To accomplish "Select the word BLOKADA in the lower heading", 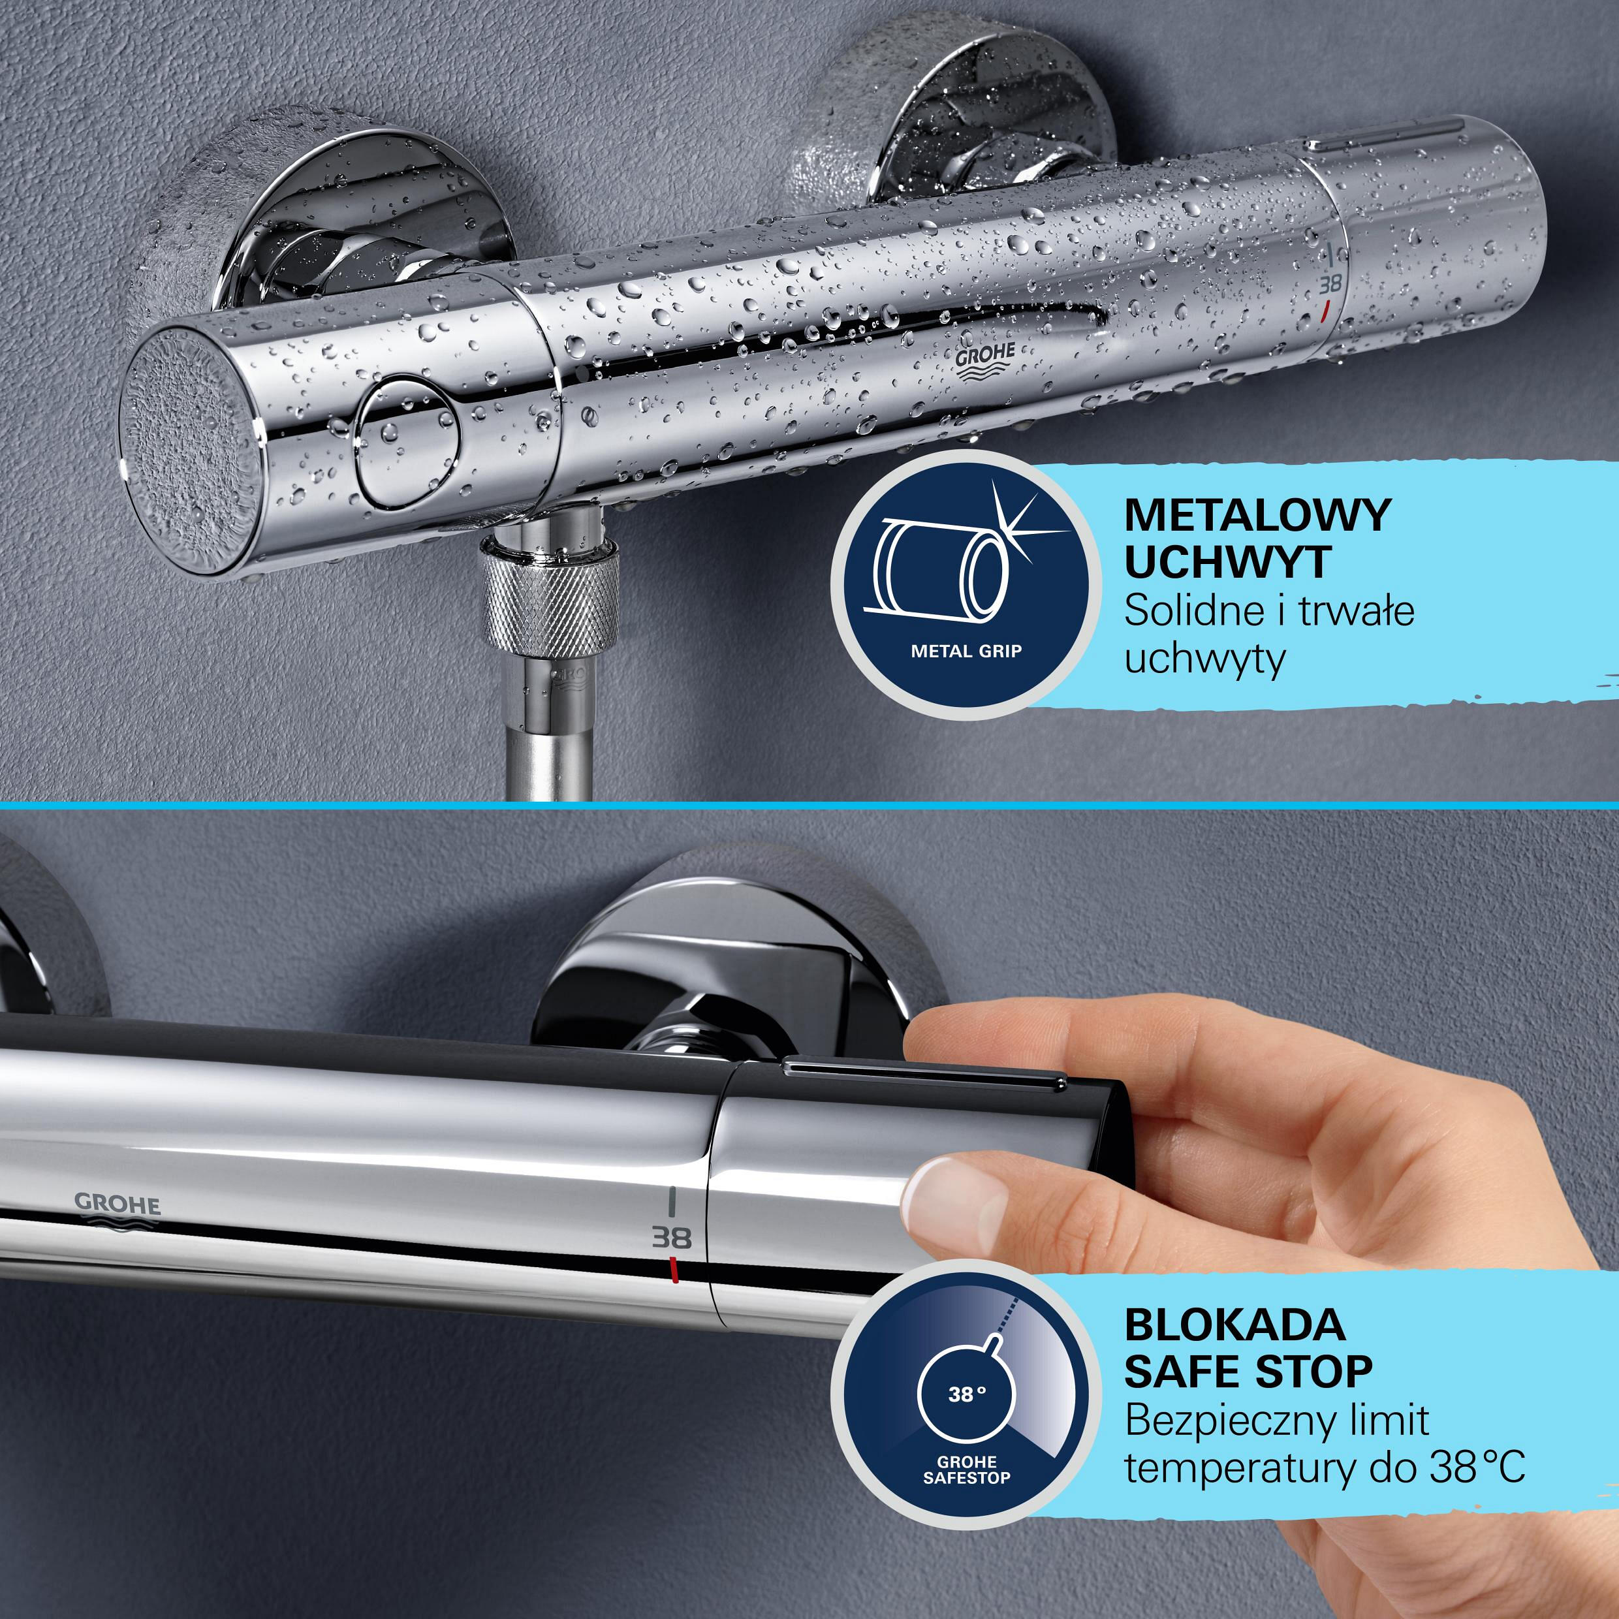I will coord(1234,1325).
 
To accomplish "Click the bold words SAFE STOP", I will coord(1248,1372).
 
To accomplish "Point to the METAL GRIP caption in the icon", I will coord(966,650).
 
